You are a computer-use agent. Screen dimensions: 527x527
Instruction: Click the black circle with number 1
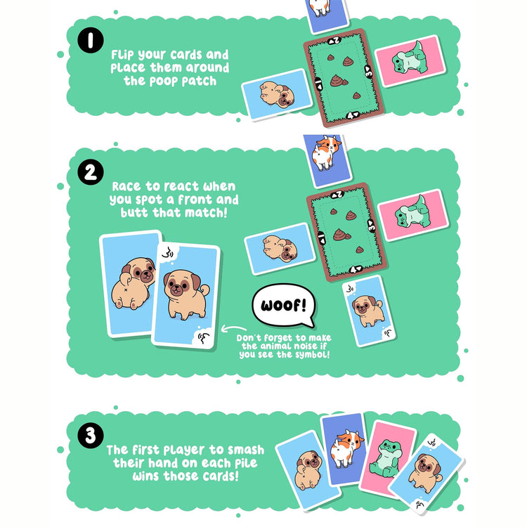[x=91, y=40]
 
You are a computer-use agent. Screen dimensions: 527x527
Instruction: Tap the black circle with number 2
[x=91, y=172]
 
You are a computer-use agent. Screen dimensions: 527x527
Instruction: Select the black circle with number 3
[x=91, y=436]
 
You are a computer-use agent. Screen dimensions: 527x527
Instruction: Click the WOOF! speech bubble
[x=284, y=306]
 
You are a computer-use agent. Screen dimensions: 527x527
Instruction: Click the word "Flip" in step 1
[x=122, y=55]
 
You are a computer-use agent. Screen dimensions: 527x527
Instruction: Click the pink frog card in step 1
[x=411, y=61]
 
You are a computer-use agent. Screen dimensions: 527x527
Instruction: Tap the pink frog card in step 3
[x=387, y=459]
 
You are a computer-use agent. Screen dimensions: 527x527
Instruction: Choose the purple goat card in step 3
[x=344, y=450]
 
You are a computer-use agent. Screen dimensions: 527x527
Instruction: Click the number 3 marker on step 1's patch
[x=369, y=72]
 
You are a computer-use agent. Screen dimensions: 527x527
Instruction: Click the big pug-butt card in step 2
[x=131, y=283]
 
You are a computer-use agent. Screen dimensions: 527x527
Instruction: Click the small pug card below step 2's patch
[x=369, y=311]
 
